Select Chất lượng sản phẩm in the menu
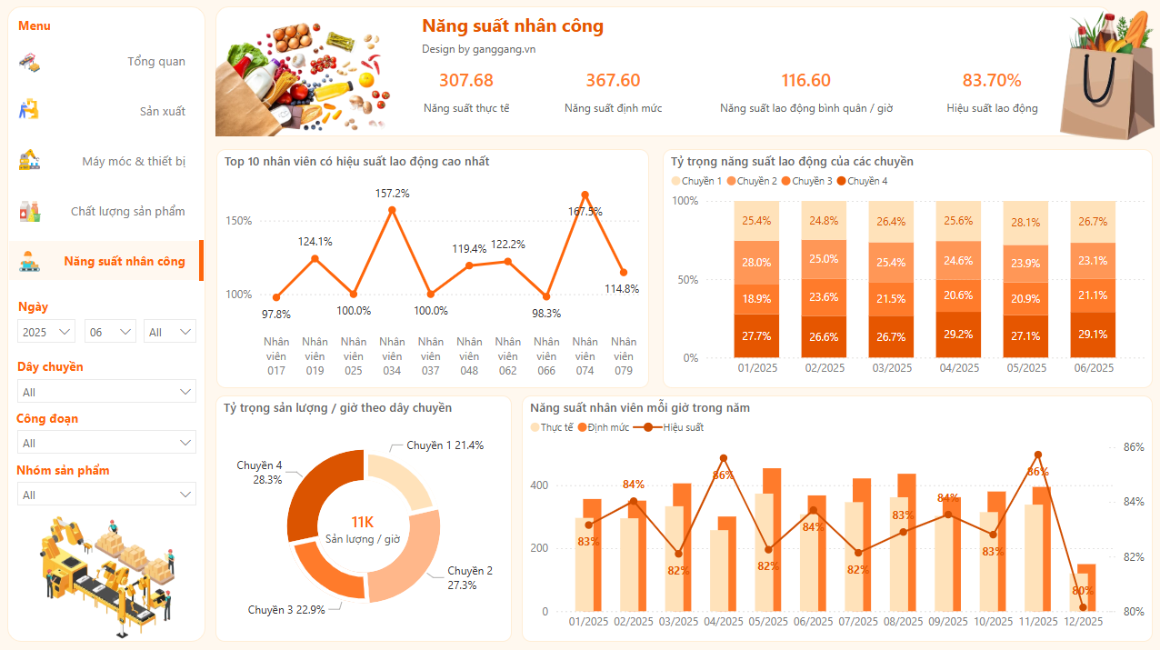coord(127,212)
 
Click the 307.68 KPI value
coord(465,81)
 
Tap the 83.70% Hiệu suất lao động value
coord(992,81)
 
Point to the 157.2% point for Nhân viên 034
coord(392,210)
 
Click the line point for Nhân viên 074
coord(585,195)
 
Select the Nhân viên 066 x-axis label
coord(545,356)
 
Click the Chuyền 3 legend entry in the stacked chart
coord(806,181)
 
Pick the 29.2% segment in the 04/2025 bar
coord(959,335)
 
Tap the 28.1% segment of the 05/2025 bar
coord(1025,223)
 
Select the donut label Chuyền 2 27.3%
coord(469,578)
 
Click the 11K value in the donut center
coord(362,522)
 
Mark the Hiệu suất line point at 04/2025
coord(724,458)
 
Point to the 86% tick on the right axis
coord(1133,447)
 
